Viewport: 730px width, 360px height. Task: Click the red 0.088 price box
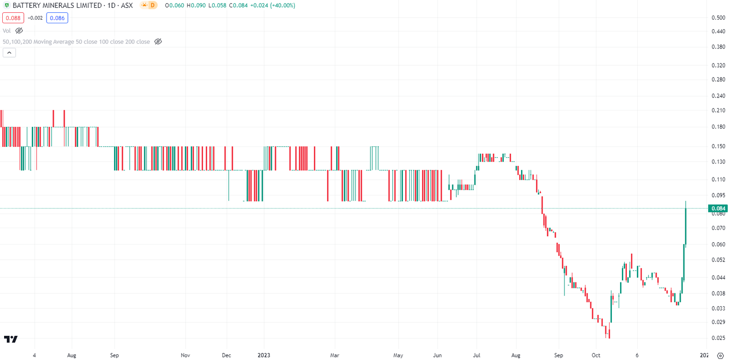pos(13,18)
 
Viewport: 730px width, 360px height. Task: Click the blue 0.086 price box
pos(57,18)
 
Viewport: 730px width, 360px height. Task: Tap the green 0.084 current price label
pos(718,209)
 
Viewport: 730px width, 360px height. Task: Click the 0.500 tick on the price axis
pos(718,18)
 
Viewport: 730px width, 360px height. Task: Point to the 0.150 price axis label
pos(718,146)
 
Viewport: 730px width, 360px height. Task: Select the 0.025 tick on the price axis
pos(718,338)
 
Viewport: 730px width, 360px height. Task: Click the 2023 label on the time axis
pos(264,355)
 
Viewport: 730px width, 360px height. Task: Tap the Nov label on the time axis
pos(185,355)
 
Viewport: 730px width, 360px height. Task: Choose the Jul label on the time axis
pos(477,355)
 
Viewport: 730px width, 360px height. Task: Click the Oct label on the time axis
pos(596,355)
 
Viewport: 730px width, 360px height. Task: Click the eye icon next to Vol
pos(19,31)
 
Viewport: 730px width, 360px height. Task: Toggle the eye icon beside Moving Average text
pos(158,42)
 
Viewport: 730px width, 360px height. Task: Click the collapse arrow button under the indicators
pos(9,53)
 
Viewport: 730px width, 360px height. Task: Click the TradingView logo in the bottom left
pos(10,339)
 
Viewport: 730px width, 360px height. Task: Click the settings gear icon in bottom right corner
pos(720,355)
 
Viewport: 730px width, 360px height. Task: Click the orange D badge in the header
pos(152,5)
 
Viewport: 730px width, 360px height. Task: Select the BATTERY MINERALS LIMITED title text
pos(57,5)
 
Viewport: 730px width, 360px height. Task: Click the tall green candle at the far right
pos(685,226)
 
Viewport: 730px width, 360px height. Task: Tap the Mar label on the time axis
pos(334,355)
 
